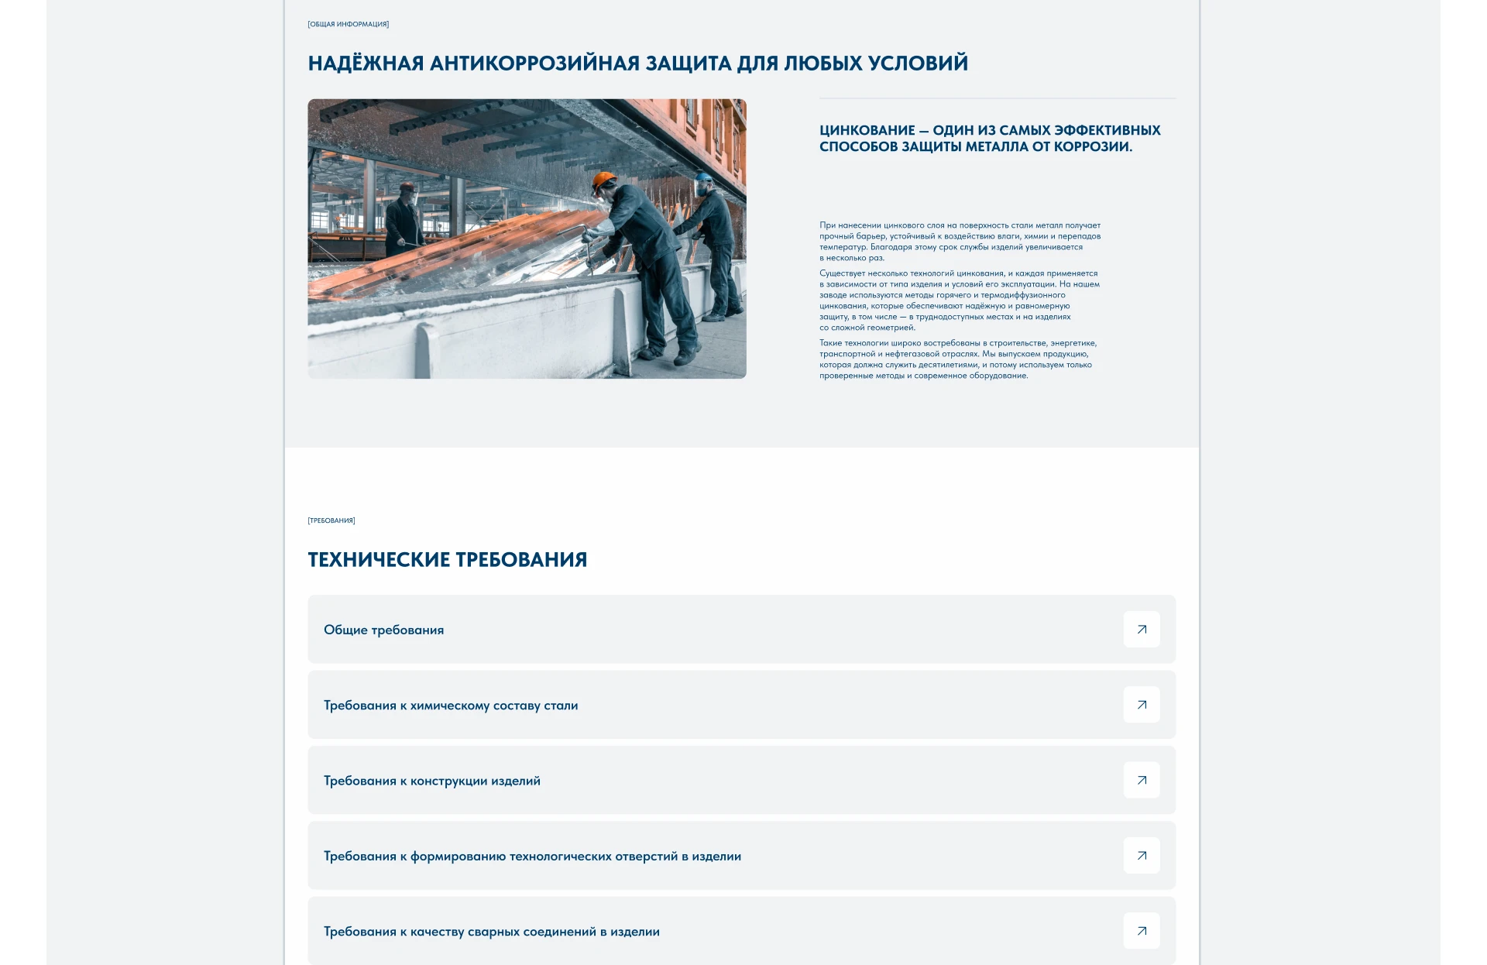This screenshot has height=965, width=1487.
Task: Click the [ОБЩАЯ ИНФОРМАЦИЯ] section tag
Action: (x=349, y=25)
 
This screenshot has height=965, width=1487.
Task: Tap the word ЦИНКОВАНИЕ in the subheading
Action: (x=867, y=131)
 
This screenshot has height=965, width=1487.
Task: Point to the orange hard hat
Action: (x=603, y=181)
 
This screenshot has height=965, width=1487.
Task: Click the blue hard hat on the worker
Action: (x=703, y=179)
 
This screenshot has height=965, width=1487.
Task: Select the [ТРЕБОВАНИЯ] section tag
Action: (x=331, y=520)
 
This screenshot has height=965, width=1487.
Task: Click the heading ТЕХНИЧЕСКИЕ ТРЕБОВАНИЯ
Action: (x=447, y=560)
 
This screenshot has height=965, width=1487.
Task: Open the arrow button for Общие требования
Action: (x=1142, y=630)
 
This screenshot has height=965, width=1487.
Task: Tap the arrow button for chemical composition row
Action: (x=1142, y=705)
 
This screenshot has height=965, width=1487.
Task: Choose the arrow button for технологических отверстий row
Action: (x=1142, y=856)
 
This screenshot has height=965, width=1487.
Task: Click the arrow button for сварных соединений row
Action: (x=1142, y=931)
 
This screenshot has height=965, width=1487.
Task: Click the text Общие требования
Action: (x=383, y=630)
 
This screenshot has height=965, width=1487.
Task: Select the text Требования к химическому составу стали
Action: (x=451, y=706)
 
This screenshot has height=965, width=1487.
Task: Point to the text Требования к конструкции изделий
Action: (x=432, y=781)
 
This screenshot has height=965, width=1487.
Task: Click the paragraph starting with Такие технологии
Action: (x=957, y=359)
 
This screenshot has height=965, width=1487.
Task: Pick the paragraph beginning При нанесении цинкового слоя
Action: (x=960, y=242)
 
